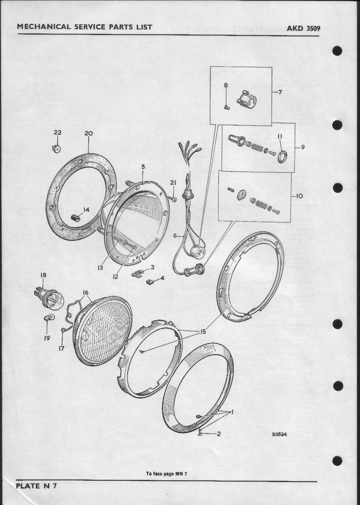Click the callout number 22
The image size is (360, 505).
(x=58, y=133)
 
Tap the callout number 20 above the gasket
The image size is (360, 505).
(x=88, y=133)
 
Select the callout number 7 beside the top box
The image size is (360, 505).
(x=280, y=92)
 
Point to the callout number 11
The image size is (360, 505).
(x=280, y=136)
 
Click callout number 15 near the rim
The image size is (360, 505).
(x=203, y=331)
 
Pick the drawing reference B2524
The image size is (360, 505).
(x=279, y=434)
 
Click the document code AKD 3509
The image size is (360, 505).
(x=303, y=28)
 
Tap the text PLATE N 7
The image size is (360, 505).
(x=36, y=486)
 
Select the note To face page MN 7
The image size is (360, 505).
(x=167, y=474)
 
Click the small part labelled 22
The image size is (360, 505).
(x=57, y=149)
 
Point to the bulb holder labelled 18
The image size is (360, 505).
(x=49, y=298)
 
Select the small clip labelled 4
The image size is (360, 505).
(x=150, y=282)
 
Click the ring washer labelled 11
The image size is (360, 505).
(x=282, y=156)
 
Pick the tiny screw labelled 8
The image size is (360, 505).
(x=226, y=107)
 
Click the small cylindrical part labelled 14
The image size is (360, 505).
(x=76, y=218)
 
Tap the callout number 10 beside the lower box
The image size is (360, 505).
(x=299, y=196)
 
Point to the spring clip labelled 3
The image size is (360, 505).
(x=137, y=274)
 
